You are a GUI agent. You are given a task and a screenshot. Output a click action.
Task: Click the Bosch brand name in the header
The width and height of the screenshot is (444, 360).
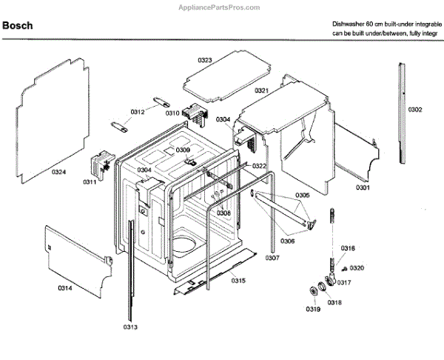click(18, 27)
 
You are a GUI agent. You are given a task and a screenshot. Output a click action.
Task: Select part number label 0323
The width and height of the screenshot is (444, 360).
click(205, 59)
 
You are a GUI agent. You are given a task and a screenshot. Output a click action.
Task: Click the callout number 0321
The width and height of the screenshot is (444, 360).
click(261, 90)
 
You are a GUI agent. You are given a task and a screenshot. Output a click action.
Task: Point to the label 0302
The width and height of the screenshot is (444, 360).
click(414, 110)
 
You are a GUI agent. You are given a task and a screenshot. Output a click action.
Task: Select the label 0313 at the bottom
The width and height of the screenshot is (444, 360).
click(130, 326)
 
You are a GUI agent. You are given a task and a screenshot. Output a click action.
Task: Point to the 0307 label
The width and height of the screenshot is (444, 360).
click(272, 258)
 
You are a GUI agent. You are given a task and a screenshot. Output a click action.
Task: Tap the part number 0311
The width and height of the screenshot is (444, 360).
click(90, 181)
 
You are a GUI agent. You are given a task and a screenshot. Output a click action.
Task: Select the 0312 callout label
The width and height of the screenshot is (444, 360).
click(138, 112)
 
